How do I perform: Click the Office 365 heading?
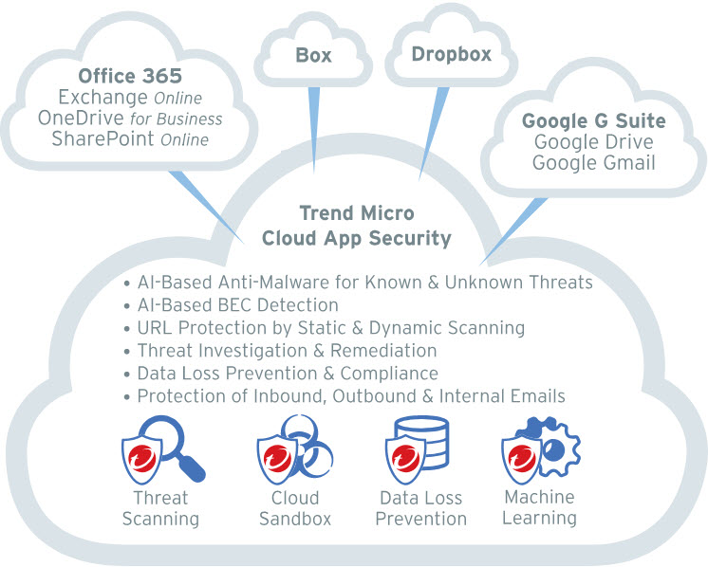tap(130, 75)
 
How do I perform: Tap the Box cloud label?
tap(312, 55)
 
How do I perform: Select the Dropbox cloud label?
tap(451, 54)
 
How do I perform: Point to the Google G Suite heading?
tap(593, 120)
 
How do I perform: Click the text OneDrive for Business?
tap(130, 119)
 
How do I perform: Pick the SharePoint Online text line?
tap(131, 140)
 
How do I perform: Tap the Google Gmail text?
tap(593, 163)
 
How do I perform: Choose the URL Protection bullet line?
tap(324, 328)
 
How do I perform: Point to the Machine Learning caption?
tap(539, 508)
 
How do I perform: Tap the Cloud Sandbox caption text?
tap(294, 508)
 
